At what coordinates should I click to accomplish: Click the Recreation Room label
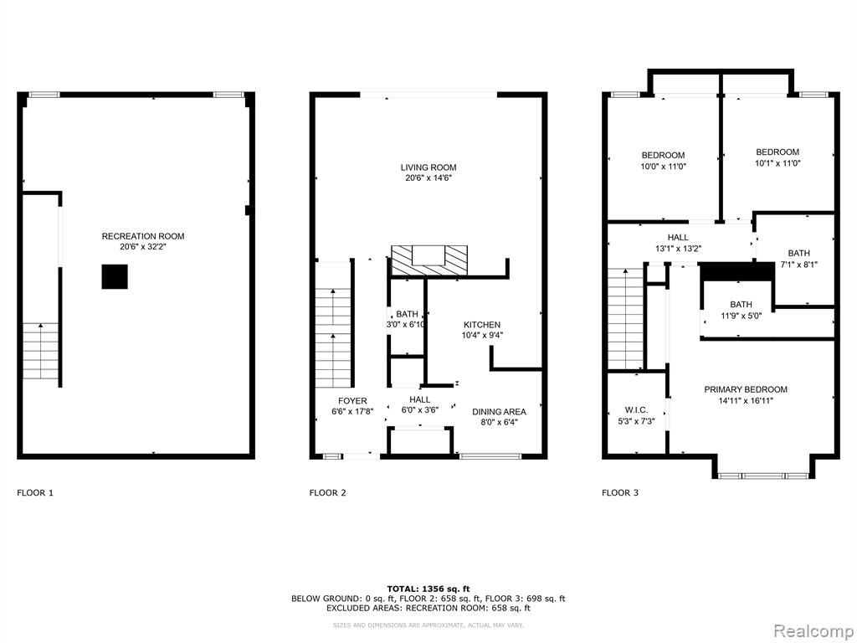(143, 236)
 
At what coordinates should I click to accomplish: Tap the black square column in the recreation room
(115, 276)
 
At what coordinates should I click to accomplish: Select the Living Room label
(428, 167)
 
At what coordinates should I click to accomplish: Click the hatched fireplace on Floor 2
(429, 260)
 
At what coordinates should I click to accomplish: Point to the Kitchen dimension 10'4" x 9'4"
(482, 336)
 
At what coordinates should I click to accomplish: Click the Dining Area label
(499, 412)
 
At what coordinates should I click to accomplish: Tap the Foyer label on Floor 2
(352, 401)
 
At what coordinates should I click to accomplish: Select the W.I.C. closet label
(636, 410)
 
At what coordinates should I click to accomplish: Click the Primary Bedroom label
(746, 389)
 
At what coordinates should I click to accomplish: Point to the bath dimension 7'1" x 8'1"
(798, 265)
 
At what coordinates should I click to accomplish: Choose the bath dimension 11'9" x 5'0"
(742, 316)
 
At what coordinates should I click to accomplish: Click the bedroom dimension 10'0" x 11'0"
(664, 167)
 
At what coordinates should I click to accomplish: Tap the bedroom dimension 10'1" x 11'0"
(777, 163)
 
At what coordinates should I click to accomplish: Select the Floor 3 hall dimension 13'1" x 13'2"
(678, 248)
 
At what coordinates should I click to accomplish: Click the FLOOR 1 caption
(35, 492)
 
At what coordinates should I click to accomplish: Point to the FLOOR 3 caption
(620, 492)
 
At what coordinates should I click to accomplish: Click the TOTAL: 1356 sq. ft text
(428, 589)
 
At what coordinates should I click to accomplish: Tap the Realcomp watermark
(813, 631)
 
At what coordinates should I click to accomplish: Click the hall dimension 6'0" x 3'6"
(420, 410)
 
